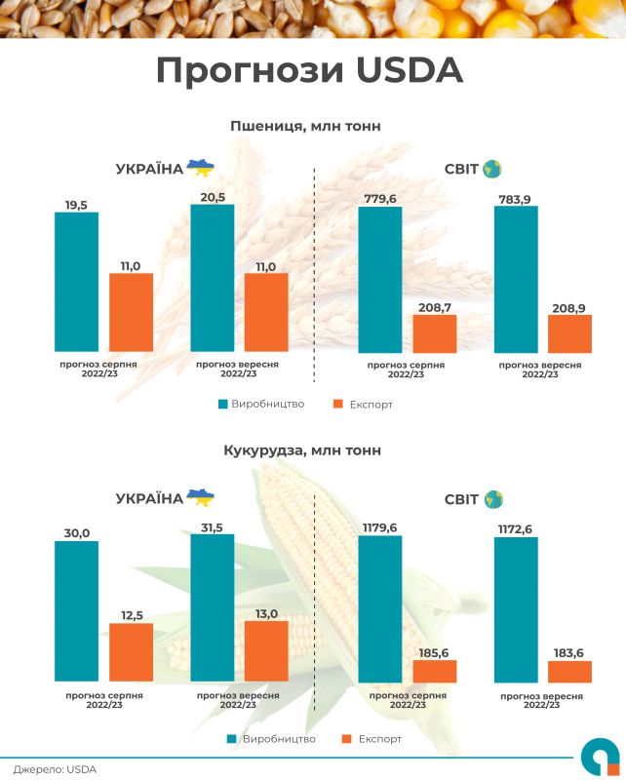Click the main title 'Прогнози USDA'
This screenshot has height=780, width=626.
310,71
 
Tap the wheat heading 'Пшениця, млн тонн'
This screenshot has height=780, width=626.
305,126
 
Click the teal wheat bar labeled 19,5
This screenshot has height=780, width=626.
76,282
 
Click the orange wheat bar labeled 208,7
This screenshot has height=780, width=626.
434,333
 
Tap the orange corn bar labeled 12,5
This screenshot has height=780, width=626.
131,651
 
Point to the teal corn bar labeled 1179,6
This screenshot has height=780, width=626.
380,608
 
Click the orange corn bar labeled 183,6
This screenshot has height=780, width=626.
569,672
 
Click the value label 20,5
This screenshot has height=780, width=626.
213,197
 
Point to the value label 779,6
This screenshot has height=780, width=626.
380,199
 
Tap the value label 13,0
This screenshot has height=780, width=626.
266,613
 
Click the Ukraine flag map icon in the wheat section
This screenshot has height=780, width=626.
200,168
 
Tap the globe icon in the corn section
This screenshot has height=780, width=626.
492,499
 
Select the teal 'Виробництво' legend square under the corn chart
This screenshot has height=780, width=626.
231,739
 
